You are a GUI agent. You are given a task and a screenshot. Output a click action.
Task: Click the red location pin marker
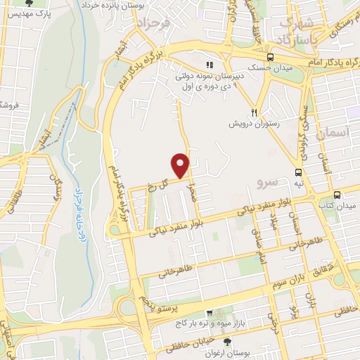(181, 165)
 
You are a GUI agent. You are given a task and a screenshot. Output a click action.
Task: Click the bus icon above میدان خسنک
(270, 58)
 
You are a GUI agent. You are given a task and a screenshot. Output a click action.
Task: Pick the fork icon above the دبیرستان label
(209, 64)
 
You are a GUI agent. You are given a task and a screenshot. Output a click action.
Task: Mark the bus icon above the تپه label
(299, 172)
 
